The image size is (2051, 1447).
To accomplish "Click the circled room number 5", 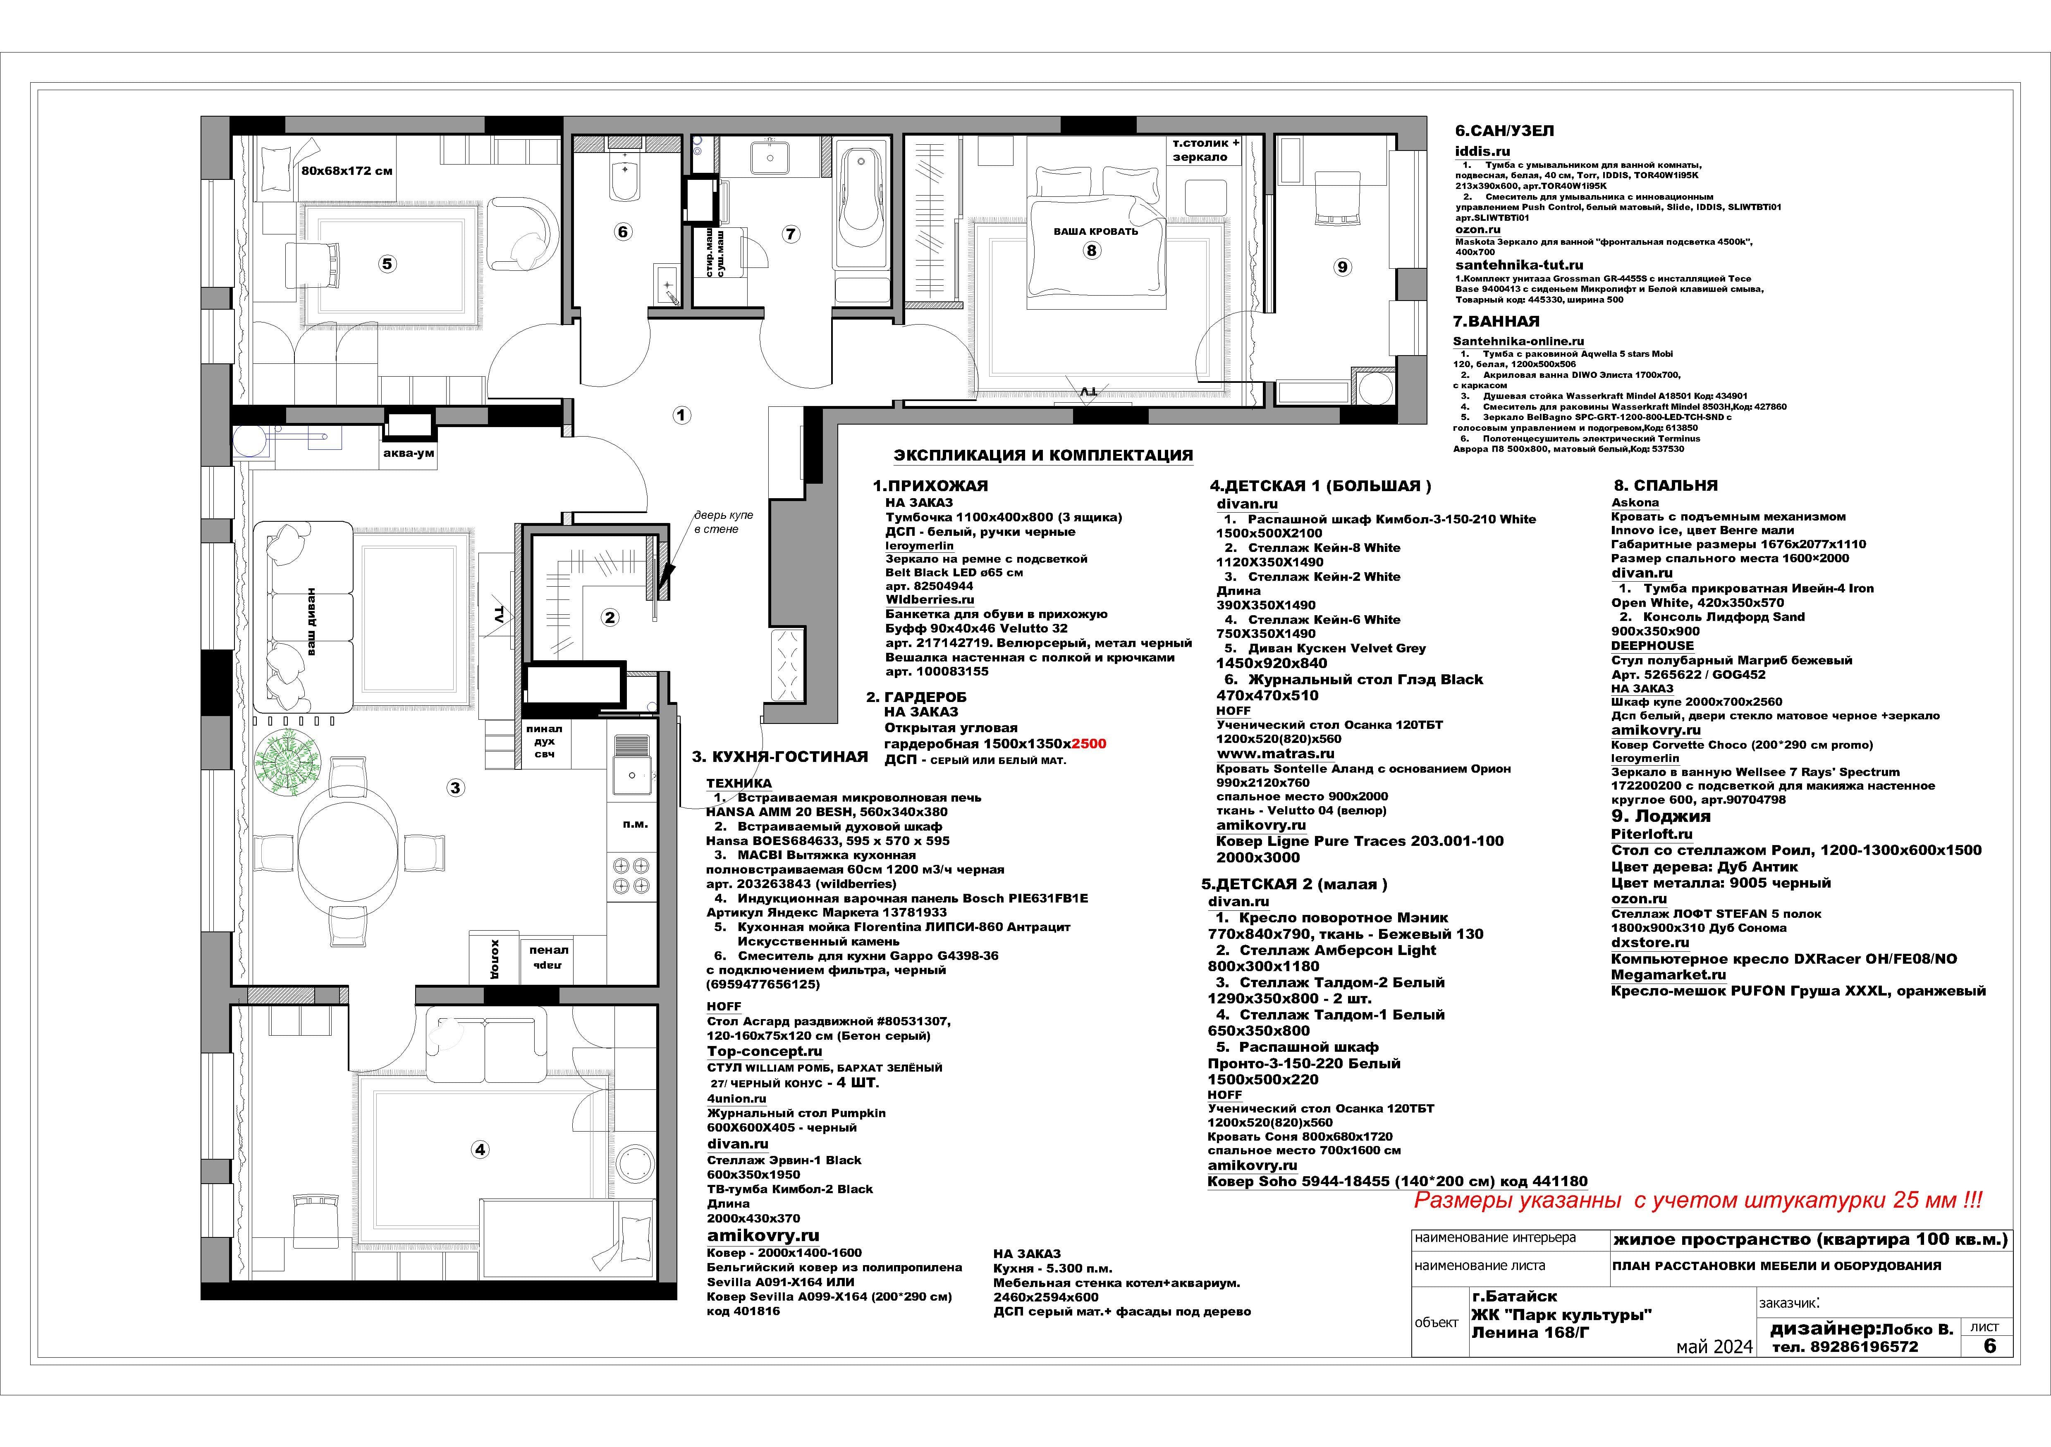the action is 387,263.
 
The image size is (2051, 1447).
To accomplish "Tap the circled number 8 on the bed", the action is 1091,250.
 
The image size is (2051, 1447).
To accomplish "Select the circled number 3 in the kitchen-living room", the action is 456,788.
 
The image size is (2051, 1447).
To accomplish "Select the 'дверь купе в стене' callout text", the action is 724,523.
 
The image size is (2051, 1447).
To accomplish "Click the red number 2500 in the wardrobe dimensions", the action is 1088,743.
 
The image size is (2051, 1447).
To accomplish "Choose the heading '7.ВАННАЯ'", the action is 1496,322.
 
